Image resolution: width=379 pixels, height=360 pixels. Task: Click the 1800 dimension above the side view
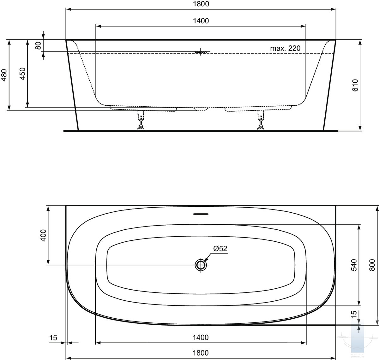point(201,4)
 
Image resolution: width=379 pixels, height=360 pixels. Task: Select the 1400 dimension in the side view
point(201,21)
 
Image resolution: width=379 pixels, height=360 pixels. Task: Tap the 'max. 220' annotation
point(285,48)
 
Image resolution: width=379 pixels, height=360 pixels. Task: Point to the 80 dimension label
point(38,45)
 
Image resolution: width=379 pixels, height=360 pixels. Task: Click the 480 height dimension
point(4,75)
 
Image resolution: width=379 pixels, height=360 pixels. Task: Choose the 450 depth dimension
point(22,74)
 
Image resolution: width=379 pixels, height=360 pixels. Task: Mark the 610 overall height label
point(355,85)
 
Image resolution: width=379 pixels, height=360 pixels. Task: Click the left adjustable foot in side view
point(141,120)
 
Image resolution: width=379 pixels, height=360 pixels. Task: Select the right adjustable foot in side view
point(261,120)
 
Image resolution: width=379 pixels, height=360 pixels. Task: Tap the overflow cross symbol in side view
point(201,52)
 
